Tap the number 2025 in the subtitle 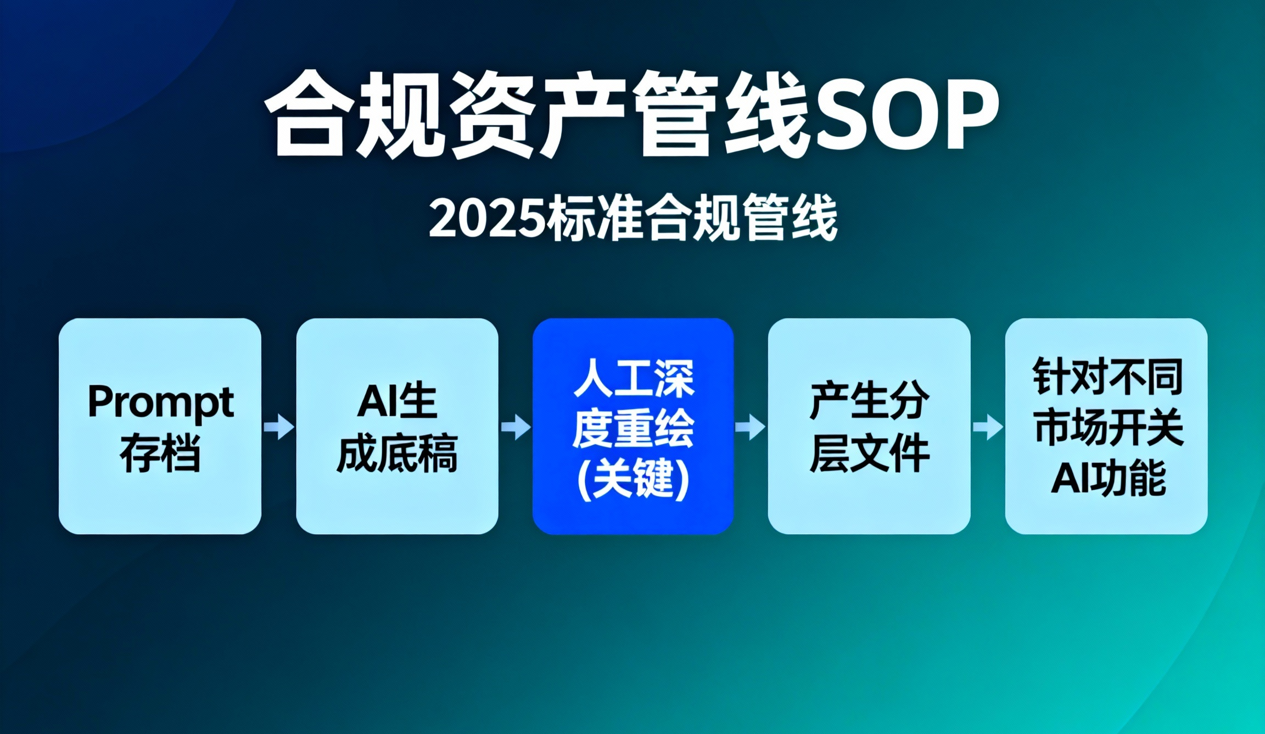point(488,218)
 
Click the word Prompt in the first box point(160,402)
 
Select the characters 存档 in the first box point(160,453)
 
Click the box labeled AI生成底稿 point(397,425)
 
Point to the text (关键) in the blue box point(633,479)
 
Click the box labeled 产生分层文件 point(869,425)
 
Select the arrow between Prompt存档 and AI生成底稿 point(279,427)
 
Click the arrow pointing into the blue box point(516,427)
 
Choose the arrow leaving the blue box point(751,427)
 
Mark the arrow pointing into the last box point(988,427)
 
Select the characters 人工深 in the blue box point(633,379)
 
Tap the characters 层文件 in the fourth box point(869,453)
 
